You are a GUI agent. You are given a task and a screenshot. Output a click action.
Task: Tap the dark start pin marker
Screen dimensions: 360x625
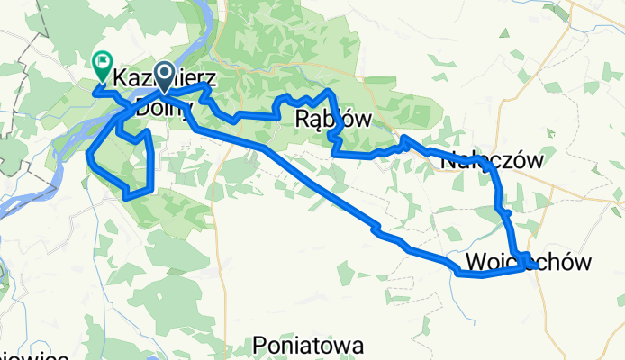click(165, 75)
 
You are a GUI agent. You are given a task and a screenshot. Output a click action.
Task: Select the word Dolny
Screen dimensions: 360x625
click(165, 109)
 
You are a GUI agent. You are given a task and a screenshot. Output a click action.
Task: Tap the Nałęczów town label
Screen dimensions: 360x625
click(494, 161)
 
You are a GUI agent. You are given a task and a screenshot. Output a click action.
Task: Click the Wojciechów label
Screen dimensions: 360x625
click(530, 262)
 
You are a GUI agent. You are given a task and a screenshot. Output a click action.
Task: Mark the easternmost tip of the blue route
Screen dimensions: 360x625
click(538, 266)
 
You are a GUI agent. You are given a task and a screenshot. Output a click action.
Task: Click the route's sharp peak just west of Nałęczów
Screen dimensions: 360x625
click(404, 138)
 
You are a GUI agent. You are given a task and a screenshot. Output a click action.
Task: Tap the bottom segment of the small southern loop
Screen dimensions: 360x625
click(138, 193)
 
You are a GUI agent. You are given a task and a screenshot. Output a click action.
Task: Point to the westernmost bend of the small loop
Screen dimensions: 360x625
click(89, 157)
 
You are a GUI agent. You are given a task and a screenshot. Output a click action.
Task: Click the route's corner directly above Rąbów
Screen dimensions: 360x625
click(331, 93)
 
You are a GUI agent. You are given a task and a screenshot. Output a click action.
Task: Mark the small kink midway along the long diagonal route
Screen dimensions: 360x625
click(377, 230)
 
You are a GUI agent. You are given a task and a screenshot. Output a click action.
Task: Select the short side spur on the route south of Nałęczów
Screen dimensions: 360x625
click(508, 213)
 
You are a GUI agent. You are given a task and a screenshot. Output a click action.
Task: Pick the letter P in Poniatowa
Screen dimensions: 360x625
click(261, 345)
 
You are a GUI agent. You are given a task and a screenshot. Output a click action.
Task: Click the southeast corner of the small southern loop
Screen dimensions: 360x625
click(153, 189)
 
